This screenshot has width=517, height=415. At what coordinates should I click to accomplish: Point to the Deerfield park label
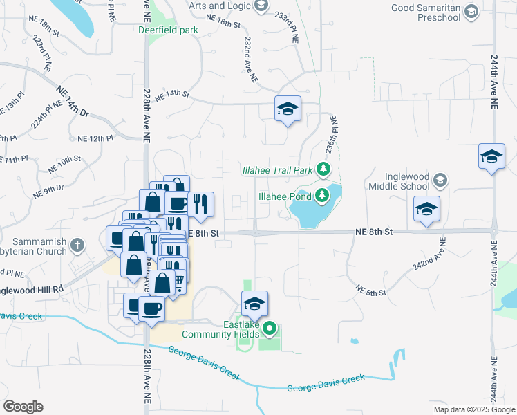click(168, 30)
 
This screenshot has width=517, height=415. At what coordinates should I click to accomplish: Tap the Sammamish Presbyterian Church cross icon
click(77, 244)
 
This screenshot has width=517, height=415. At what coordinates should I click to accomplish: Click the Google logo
click(23, 407)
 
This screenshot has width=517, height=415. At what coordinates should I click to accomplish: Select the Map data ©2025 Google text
click(473, 409)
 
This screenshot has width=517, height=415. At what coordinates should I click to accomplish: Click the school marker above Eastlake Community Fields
click(254, 303)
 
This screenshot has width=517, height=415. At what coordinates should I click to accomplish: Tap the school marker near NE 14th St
click(288, 108)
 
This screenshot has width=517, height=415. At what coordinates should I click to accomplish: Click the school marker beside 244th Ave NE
click(491, 156)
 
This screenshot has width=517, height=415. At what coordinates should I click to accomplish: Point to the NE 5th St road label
click(370, 290)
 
